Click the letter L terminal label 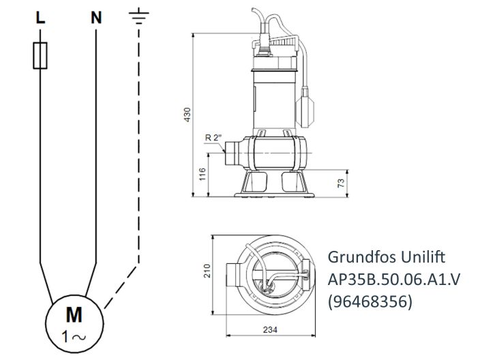pyautogui.click(x=40, y=18)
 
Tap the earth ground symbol pyautogui.click(x=138, y=18)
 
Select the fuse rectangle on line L pyautogui.click(x=40, y=57)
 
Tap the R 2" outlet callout pyautogui.click(x=213, y=138)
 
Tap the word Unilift pyautogui.click(x=421, y=258)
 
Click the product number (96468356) pyautogui.click(x=370, y=301)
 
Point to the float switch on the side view pyautogui.click(x=307, y=106)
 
